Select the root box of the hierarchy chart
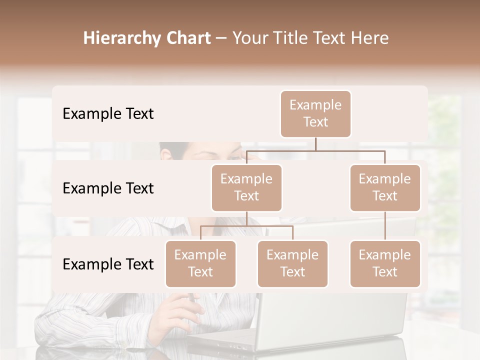coord(315,113)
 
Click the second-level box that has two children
coord(246,187)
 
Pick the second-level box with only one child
coord(385,187)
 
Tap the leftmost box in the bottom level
coord(200,263)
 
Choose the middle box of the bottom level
coord(292,263)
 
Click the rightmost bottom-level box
coord(385,263)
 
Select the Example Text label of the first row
coord(108,114)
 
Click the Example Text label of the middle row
coord(108,188)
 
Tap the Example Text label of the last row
coord(108,264)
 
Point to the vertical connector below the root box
coord(315,144)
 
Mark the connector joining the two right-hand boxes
coord(385,226)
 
